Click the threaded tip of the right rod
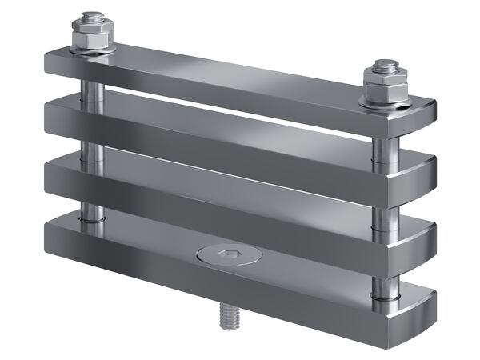pos(382,64)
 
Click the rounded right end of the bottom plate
pos(428,308)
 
